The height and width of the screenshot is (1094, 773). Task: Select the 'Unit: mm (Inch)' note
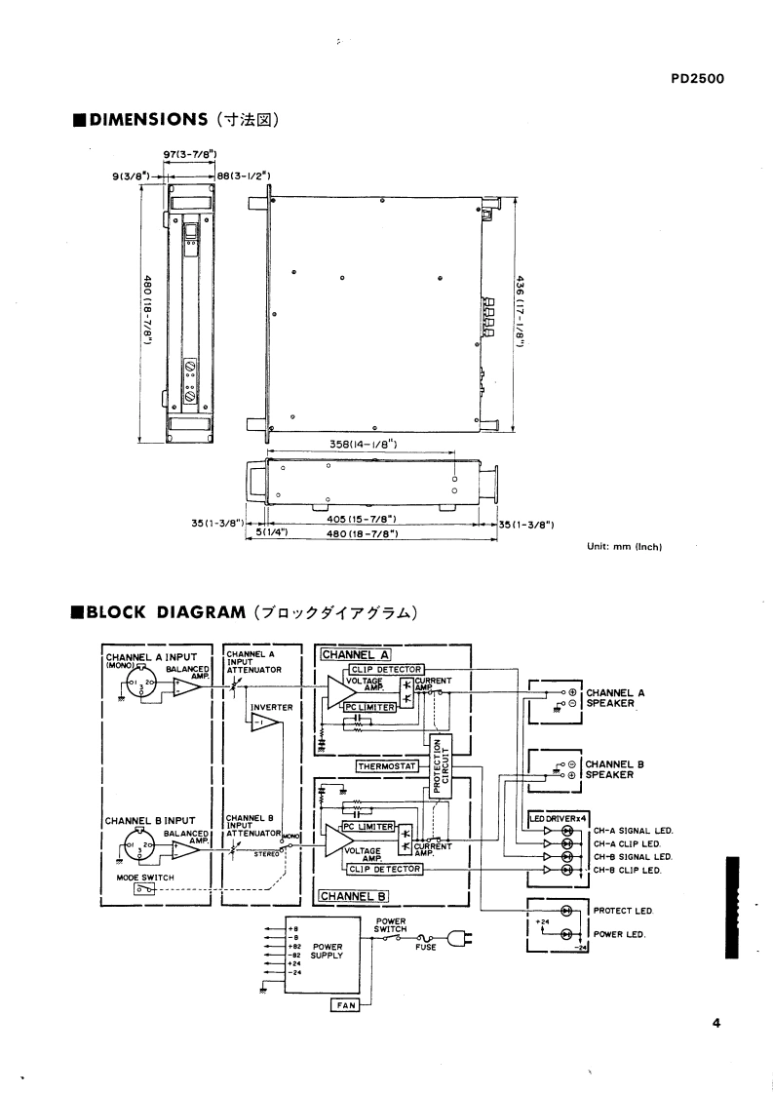tap(624, 546)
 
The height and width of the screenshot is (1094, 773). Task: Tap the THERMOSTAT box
tap(387, 766)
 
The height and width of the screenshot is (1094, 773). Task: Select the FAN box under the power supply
tap(344, 1005)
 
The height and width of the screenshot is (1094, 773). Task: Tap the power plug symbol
tap(459, 939)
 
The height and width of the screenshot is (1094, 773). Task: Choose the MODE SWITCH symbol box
tap(144, 888)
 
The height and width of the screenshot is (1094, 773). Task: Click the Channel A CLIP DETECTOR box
tap(379, 669)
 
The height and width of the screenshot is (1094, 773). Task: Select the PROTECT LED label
tap(622, 911)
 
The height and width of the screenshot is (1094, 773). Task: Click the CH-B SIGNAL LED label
tap(633, 856)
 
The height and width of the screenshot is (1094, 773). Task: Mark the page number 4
tap(715, 1024)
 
